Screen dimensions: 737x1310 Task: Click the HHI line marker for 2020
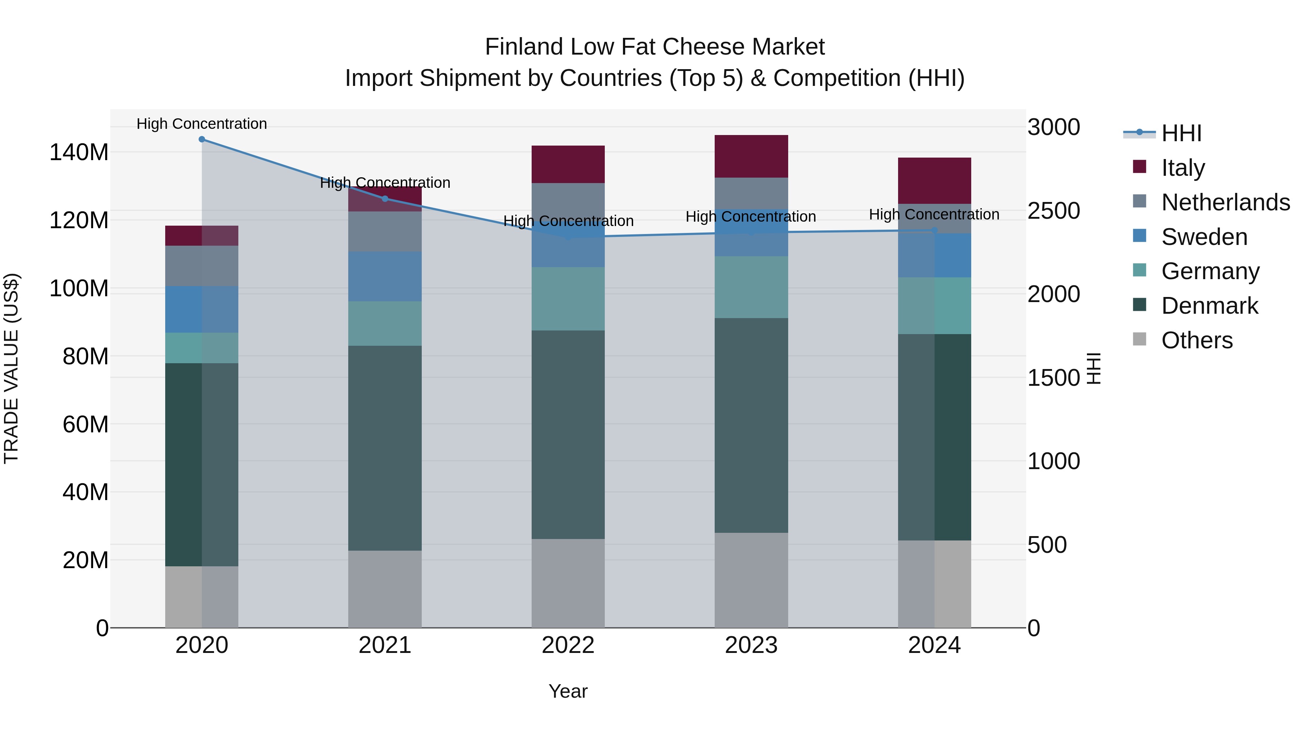coord(202,139)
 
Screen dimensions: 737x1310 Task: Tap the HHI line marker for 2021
coord(385,199)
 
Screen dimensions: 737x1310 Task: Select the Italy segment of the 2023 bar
coord(751,156)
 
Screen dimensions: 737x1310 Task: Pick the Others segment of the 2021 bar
coord(385,589)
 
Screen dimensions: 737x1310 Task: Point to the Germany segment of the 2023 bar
coord(751,288)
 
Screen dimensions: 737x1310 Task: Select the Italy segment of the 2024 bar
coord(934,181)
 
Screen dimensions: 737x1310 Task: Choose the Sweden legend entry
coord(1204,237)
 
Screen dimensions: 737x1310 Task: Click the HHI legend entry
coord(1181,133)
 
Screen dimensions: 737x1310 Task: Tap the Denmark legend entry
coord(1209,306)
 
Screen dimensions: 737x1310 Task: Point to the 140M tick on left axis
coord(79,152)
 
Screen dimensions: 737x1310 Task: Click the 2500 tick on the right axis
coord(1054,211)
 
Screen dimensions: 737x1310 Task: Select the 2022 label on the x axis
coord(568,645)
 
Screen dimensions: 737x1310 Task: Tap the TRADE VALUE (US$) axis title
coord(11,368)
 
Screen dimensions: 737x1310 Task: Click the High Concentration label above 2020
coord(202,124)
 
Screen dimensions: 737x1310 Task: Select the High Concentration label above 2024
coord(934,215)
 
